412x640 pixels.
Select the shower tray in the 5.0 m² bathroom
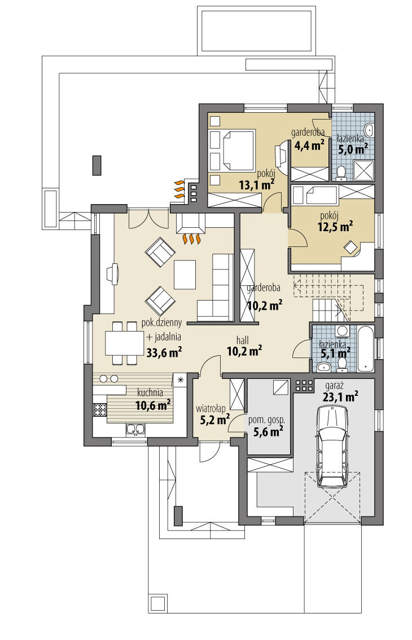point(363,170)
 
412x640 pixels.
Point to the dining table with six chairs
point(124,343)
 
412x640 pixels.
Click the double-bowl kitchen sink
point(135,430)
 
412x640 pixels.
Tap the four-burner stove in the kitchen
point(99,410)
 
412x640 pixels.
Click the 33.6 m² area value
point(164,353)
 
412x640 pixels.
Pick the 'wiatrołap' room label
point(211,407)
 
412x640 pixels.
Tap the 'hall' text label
point(243,340)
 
